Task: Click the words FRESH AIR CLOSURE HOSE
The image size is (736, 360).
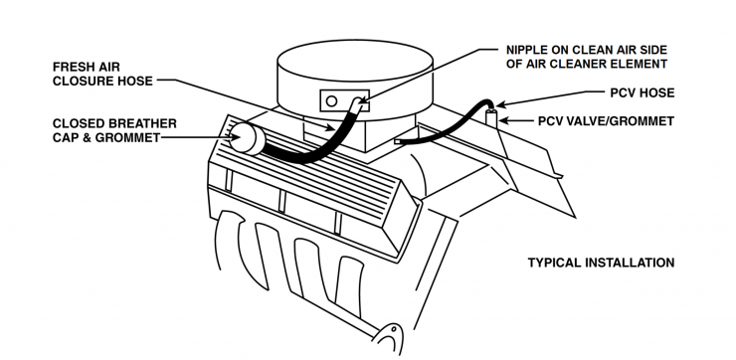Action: coord(102,75)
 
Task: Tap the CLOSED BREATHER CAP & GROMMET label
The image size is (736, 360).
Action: coord(114,130)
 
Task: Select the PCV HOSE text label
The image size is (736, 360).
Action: coord(643,92)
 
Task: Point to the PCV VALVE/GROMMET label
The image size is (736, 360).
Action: coord(606,121)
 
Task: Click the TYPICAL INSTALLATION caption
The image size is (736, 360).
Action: coord(601,263)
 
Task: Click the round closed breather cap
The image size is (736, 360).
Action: coord(245,137)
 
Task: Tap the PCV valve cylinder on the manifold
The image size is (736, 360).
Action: coord(491,117)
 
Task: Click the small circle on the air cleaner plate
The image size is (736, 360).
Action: coord(331,100)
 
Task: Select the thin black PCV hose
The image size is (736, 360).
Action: coord(446,125)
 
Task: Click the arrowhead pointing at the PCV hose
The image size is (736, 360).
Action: coord(500,105)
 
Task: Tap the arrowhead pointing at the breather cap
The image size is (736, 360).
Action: coord(236,137)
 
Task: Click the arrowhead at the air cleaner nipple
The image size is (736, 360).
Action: coord(362,99)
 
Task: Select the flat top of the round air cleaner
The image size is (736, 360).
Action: coord(355,60)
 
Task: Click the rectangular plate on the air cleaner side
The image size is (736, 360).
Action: coord(344,100)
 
